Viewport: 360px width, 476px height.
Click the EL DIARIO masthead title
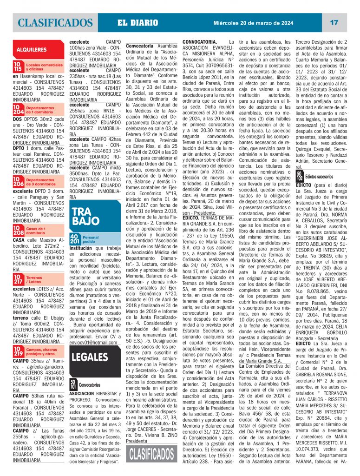pyautogui.click(x=138, y=23)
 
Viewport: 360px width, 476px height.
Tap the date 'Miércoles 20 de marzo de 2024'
pyautogui.click(x=253, y=22)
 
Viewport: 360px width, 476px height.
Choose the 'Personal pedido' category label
pyautogui.click(x=91, y=240)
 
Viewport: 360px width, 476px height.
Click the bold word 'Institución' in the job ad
pyautogui.click(x=80, y=248)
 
